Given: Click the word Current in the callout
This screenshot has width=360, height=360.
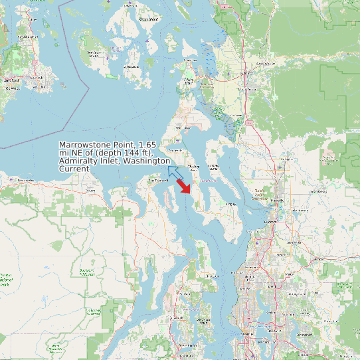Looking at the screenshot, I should pos(74,169).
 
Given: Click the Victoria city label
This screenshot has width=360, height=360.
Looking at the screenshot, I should pos(11,80).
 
